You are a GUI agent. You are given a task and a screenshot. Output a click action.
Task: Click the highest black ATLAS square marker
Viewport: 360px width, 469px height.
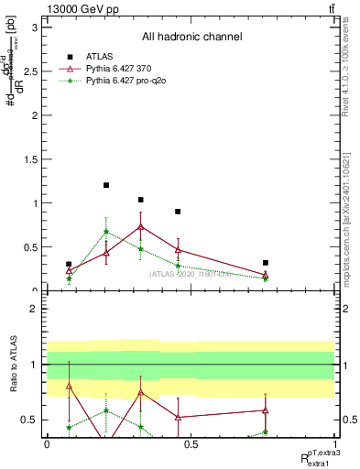(x=106, y=185)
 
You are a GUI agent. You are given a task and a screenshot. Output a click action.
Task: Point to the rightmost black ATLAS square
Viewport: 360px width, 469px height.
(x=265, y=263)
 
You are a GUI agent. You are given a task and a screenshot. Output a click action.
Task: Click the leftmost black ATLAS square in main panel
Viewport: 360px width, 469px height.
(x=69, y=264)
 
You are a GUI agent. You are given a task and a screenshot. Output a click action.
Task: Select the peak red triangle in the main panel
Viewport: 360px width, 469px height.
(x=140, y=226)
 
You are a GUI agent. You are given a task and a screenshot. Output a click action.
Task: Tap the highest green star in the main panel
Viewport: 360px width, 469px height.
(x=106, y=231)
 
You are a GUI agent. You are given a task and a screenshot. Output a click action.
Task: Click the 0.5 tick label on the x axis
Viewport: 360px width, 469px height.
(x=191, y=444)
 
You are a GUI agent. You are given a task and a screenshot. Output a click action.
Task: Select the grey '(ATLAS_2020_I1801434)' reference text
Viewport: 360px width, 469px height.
(x=190, y=273)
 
